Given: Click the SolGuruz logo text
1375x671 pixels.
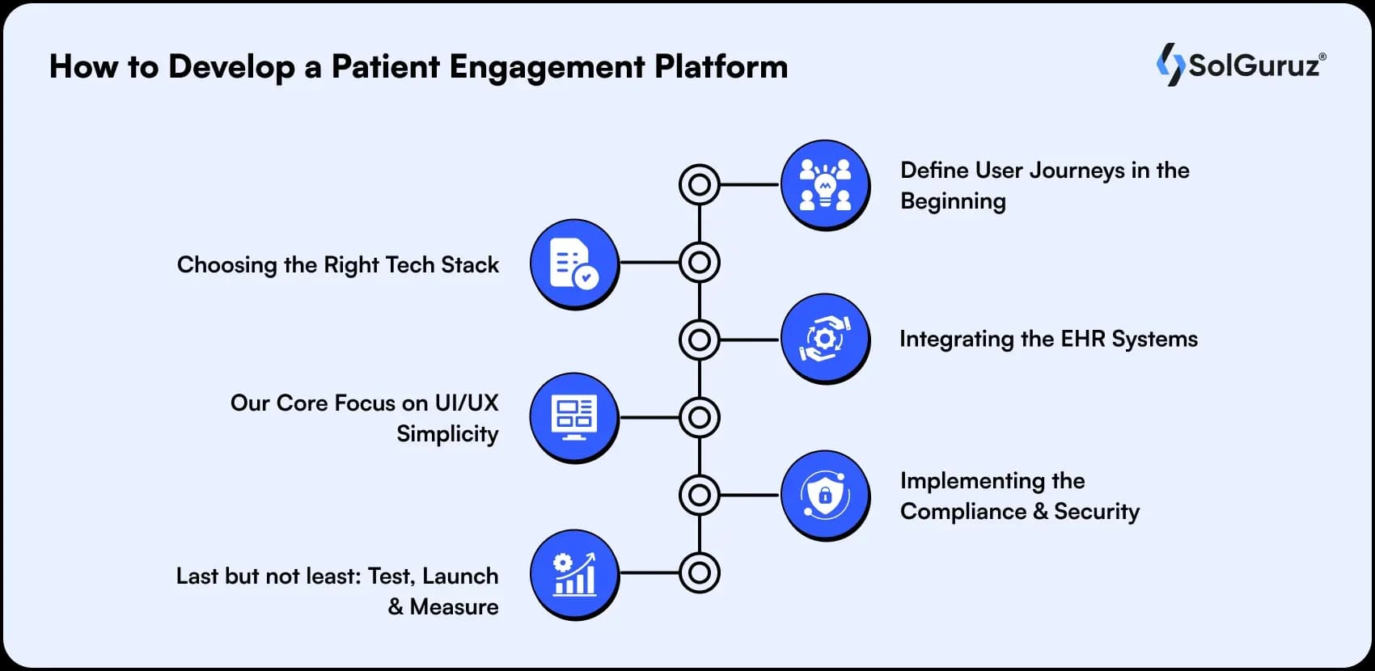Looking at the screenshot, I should coord(1254,65).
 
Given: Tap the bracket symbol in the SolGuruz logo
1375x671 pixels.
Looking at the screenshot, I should coord(1170,65).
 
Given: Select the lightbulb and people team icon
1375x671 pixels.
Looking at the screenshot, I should coord(825,184).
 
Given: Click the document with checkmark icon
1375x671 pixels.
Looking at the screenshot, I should coord(574,263).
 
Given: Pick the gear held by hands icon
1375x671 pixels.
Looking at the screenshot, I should coord(825,339).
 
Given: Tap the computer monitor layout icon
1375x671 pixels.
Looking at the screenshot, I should coord(574,417).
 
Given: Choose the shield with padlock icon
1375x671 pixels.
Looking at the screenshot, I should coord(825,495).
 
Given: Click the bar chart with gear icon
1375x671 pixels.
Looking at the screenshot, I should coord(574,573).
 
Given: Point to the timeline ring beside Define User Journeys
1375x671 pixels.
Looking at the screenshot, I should coord(700,184).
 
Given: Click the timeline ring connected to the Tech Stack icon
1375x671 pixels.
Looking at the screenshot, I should coord(700,263).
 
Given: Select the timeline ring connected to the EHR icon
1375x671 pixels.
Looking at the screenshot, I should coord(700,340).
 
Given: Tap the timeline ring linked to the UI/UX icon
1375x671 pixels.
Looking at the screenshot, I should coord(700,417).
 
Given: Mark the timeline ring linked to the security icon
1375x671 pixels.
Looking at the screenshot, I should coord(700,495).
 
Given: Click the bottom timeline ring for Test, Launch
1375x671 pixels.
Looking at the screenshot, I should coord(700,573).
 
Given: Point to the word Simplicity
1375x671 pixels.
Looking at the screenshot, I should coord(447,434).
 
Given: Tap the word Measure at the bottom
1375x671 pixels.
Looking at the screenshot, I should coord(454,607).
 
